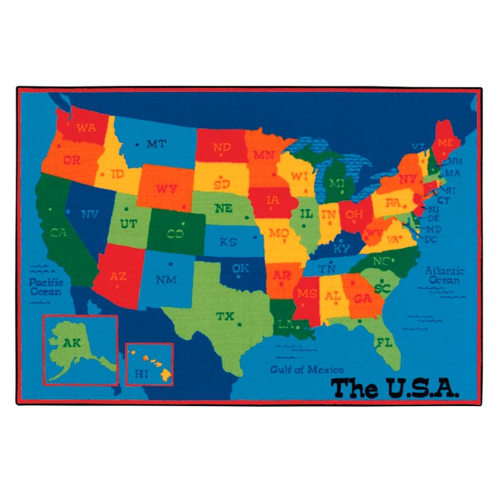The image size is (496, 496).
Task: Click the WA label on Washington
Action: click(x=86, y=128)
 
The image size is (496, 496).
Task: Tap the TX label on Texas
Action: click(x=225, y=315)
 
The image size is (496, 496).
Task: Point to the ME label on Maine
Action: click(x=445, y=142)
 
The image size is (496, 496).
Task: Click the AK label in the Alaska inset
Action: click(x=72, y=343)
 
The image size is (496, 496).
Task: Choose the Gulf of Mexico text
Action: click(x=307, y=369)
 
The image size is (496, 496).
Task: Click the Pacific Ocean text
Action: click(x=46, y=286)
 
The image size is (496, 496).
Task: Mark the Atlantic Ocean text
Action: click(x=444, y=275)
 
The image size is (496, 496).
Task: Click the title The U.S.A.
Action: click(x=395, y=388)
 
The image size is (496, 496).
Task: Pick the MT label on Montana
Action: click(x=156, y=144)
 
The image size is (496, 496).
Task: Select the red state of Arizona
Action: click(x=118, y=273)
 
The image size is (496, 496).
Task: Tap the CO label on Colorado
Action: click(x=176, y=232)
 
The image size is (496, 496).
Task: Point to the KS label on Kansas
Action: click(x=227, y=242)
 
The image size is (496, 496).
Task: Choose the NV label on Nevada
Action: click(x=90, y=213)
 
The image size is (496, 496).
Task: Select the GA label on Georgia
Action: click(x=362, y=298)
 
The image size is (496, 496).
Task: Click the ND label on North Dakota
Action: click(x=222, y=148)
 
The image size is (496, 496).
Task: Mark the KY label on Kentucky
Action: click(x=342, y=249)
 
